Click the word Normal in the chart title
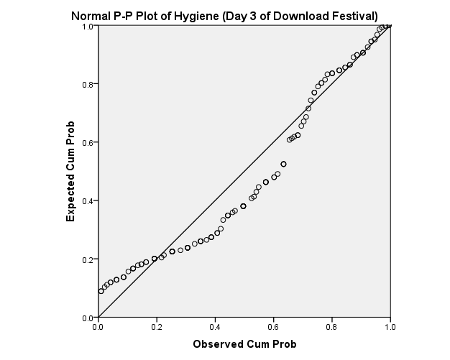coord(89,16)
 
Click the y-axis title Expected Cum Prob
coord(71,172)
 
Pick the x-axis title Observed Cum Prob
coord(244,344)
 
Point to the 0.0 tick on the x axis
coord(98,326)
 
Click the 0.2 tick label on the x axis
coord(157,326)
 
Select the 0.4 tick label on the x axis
coord(215,326)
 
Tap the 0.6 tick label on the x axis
coord(273,326)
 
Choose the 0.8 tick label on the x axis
coord(332,326)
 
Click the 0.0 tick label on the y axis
coord(88,318)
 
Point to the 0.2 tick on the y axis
coord(88,259)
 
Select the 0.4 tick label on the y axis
coord(88,200)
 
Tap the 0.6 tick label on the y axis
coord(88,142)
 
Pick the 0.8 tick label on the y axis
coord(88,84)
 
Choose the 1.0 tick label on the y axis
coord(88,26)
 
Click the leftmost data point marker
coord(101,291)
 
